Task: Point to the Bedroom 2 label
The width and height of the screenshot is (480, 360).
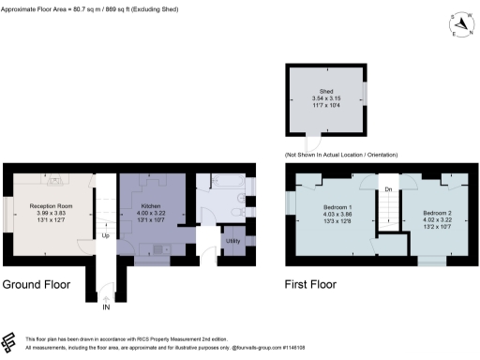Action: pyautogui.click(x=436, y=213)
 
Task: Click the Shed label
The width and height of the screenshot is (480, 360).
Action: pyautogui.click(x=327, y=91)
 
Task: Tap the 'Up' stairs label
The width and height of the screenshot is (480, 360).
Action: pyautogui.click(x=106, y=235)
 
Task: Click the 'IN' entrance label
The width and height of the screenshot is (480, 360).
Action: pyautogui.click(x=106, y=306)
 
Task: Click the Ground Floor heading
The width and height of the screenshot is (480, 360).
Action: pyautogui.click(x=44, y=283)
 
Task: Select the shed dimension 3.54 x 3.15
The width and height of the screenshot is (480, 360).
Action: pyautogui.click(x=327, y=98)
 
